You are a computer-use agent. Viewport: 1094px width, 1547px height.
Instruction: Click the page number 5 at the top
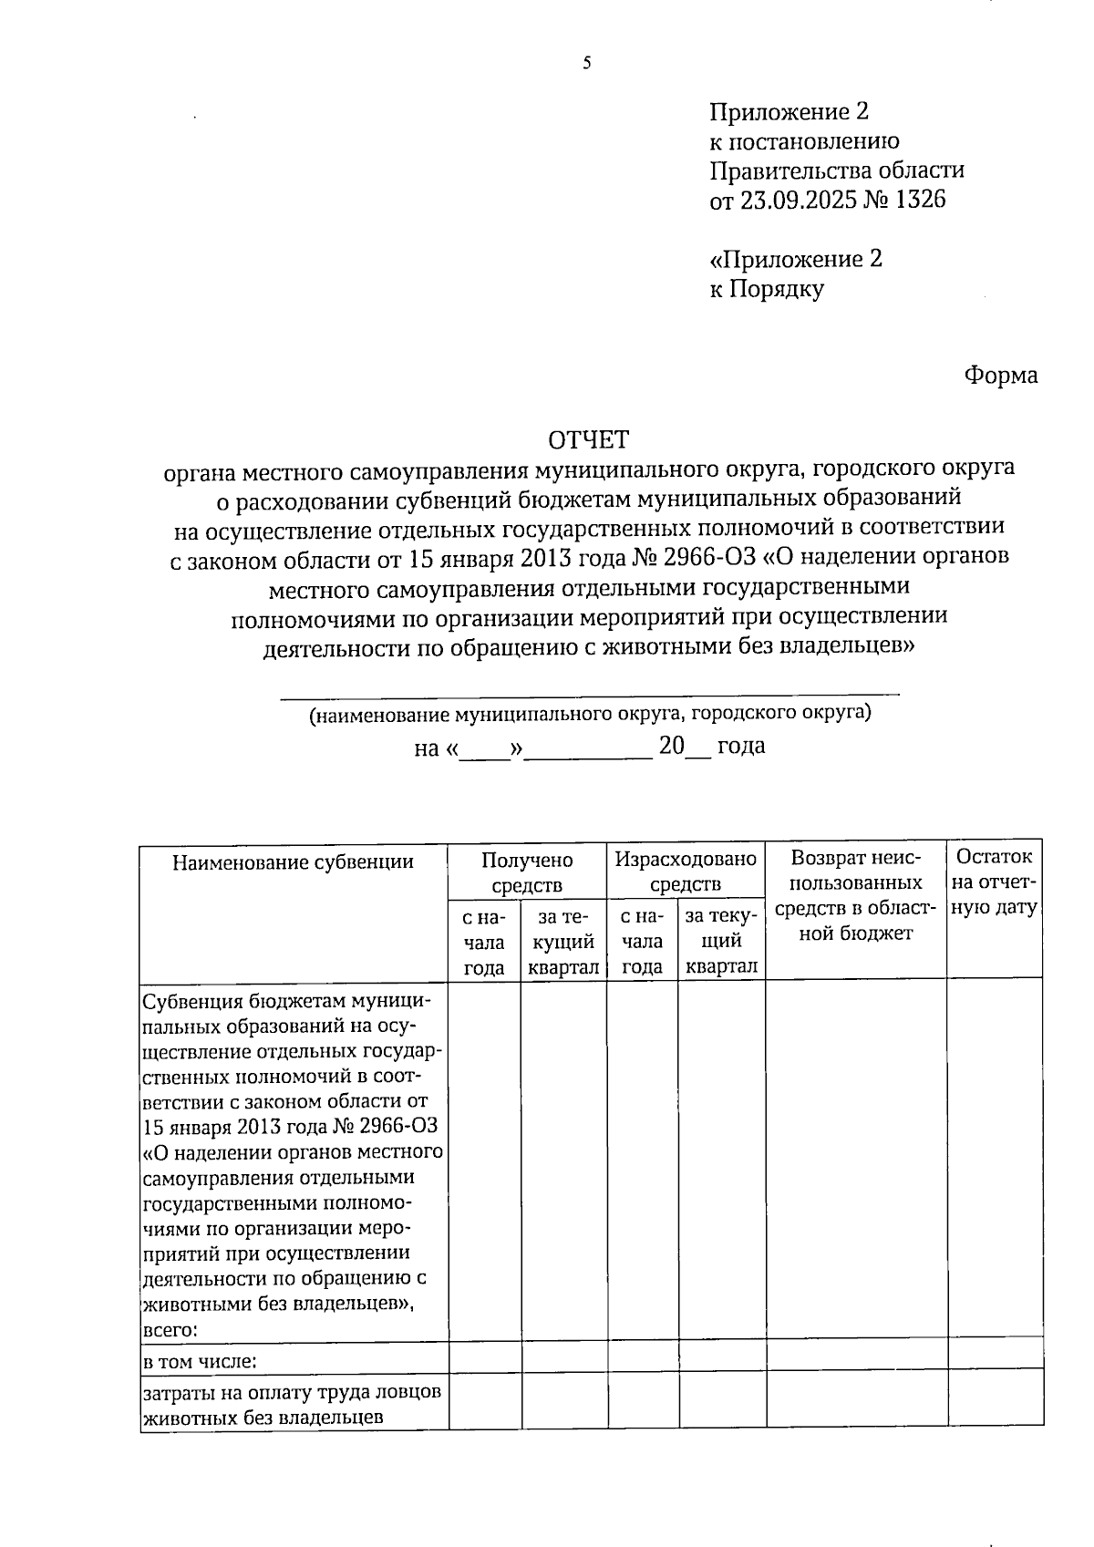[586, 63]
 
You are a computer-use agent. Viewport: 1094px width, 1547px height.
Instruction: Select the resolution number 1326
[921, 200]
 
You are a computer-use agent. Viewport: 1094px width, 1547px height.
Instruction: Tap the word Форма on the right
[1000, 376]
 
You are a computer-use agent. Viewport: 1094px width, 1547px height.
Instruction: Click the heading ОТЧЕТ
[588, 440]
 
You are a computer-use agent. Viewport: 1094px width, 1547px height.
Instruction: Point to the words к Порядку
[767, 289]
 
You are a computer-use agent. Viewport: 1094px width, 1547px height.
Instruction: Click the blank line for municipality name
[589, 694]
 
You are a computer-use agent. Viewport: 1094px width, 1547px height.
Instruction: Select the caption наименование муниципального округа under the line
[589, 714]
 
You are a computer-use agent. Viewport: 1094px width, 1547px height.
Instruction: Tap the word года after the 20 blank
[741, 746]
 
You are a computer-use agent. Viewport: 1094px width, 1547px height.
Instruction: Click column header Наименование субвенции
[293, 862]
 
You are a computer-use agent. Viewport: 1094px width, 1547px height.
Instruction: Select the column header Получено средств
[527, 872]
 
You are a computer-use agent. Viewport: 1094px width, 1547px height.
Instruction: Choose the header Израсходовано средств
[686, 872]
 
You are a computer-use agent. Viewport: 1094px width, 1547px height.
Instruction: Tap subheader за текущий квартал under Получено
[562, 942]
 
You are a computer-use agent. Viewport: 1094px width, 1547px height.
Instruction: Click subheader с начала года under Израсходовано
[642, 942]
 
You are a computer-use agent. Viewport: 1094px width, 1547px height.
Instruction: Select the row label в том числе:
[200, 1362]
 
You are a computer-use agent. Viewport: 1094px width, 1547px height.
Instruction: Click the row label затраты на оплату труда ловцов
[293, 1393]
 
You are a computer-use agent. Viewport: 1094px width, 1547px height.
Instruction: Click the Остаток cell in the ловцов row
[995, 1405]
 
